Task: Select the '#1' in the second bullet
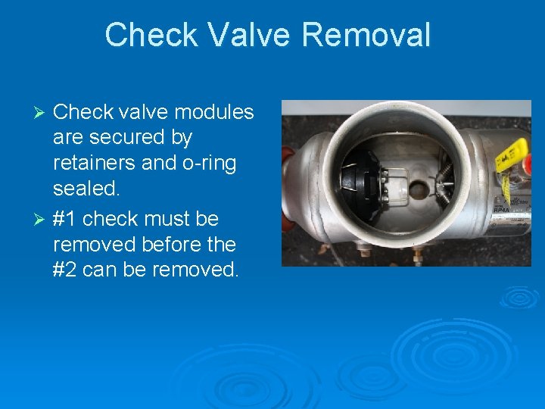65,219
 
